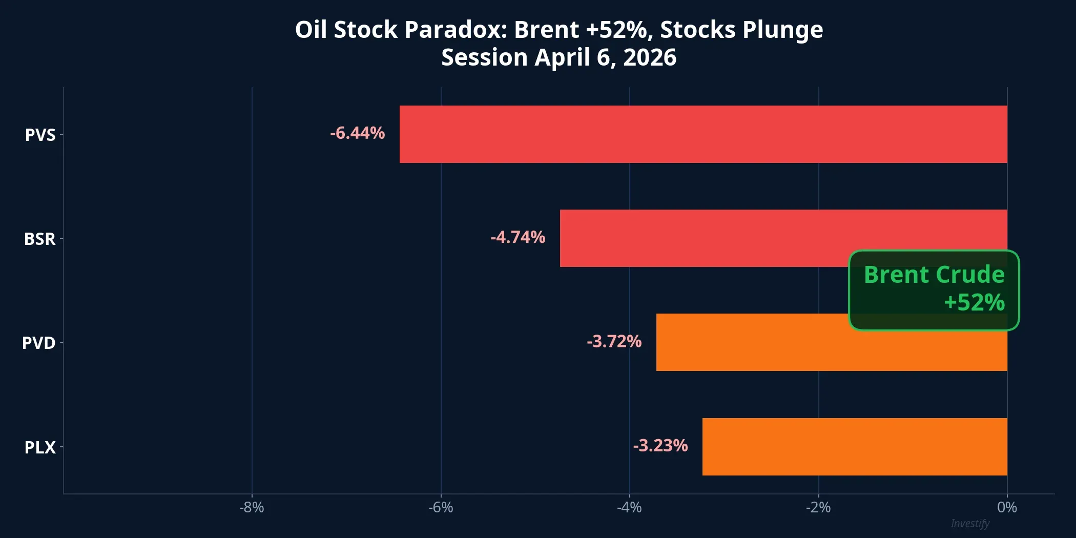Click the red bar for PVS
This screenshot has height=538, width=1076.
pyautogui.click(x=703, y=134)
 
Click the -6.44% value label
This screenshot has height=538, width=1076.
pyautogui.click(x=357, y=133)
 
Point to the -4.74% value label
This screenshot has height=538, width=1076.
pyautogui.click(x=518, y=237)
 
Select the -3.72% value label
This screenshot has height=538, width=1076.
pyautogui.click(x=614, y=341)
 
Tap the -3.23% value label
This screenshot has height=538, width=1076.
pyautogui.click(x=660, y=445)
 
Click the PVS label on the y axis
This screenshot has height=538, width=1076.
pyautogui.click(x=40, y=135)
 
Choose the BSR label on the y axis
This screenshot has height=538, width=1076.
pyautogui.click(x=39, y=239)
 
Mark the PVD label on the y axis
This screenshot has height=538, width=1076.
pyautogui.click(x=38, y=343)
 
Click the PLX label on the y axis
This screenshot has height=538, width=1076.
pyautogui.click(x=40, y=447)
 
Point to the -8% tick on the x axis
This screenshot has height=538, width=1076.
pyautogui.click(x=252, y=507)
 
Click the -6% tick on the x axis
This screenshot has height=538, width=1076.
pyautogui.click(x=441, y=507)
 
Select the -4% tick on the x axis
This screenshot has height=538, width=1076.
pyautogui.click(x=629, y=507)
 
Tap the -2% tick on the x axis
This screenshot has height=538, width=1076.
pyautogui.click(x=818, y=507)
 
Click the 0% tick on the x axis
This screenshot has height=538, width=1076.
pyautogui.click(x=1007, y=507)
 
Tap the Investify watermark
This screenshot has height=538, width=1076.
pyautogui.click(x=969, y=523)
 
